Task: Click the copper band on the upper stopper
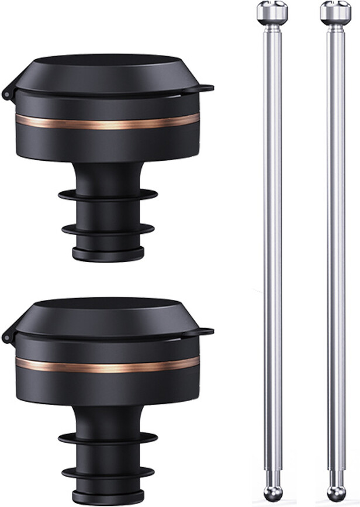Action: tap(108, 123)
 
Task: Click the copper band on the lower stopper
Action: tap(108, 366)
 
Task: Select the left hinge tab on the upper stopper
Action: tap(8, 93)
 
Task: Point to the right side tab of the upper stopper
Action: tap(205, 89)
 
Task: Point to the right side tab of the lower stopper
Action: tap(205, 332)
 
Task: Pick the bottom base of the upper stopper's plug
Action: tap(108, 254)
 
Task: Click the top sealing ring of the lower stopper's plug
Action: tap(108, 439)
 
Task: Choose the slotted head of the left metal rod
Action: tap(272, 10)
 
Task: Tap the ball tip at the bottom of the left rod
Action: tap(272, 492)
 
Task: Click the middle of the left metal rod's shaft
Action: tap(272, 251)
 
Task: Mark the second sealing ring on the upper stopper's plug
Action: tap(108, 229)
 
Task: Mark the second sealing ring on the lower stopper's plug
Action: tap(108, 472)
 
